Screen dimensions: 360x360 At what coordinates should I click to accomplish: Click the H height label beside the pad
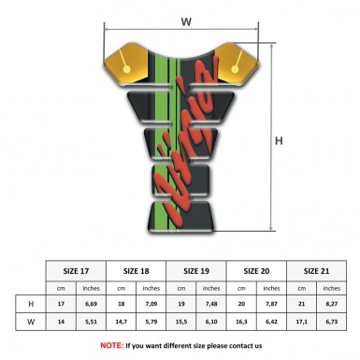(279, 141)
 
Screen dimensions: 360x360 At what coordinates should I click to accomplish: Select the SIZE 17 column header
(76, 269)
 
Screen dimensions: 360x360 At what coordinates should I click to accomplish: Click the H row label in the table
(33, 305)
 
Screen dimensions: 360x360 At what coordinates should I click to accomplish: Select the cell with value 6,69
(92, 305)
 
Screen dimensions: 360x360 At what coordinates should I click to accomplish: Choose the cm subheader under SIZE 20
(242, 288)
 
